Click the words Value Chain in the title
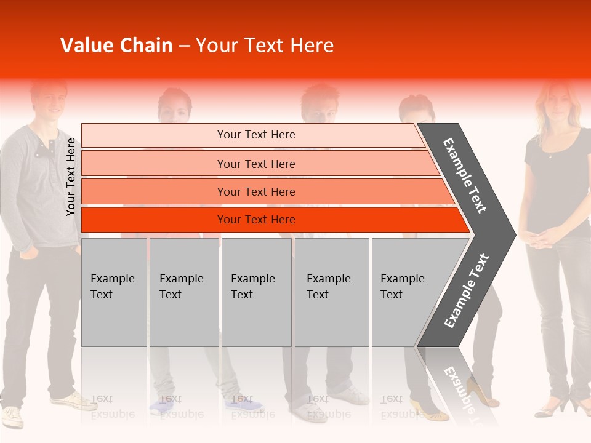click(x=116, y=46)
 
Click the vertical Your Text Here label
click(x=71, y=177)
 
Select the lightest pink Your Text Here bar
click(x=255, y=135)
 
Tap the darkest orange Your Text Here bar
click(x=255, y=220)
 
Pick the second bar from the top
click(x=255, y=164)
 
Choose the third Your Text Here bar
click(x=255, y=192)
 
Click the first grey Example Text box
click(x=114, y=292)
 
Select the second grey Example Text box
click(x=183, y=292)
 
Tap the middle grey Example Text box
click(x=256, y=292)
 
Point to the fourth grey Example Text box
click(x=332, y=292)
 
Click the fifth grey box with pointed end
click(x=406, y=292)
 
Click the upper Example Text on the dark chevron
click(x=465, y=175)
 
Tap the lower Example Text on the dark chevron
click(x=466, y=291)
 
